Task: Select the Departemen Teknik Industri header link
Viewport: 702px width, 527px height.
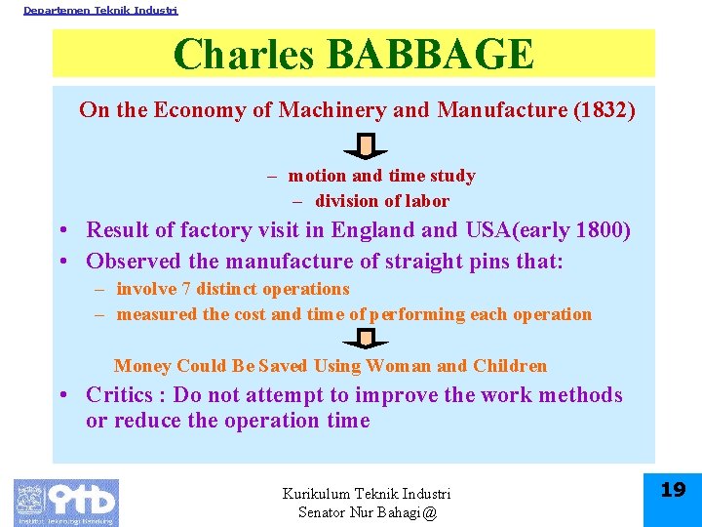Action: [x=100, y=10]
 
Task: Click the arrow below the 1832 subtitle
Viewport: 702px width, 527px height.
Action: [x=366, y=147]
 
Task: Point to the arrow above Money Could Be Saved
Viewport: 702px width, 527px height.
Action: [x=366, y=339]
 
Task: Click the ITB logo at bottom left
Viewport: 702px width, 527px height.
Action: [x=66, y=503]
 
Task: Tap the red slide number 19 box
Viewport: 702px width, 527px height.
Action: [x=673, y=491]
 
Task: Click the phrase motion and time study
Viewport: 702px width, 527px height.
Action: [x=381, y=176]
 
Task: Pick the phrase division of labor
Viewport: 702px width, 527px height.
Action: [x=381, y=201]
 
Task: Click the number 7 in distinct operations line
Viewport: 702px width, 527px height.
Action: [x=185, y=289]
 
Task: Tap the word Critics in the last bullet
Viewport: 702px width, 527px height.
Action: [x=120, y=395]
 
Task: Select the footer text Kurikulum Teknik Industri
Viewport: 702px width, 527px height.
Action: [x=367, y=494]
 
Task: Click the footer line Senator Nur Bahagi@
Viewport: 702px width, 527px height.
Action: [x=367, y=512]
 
